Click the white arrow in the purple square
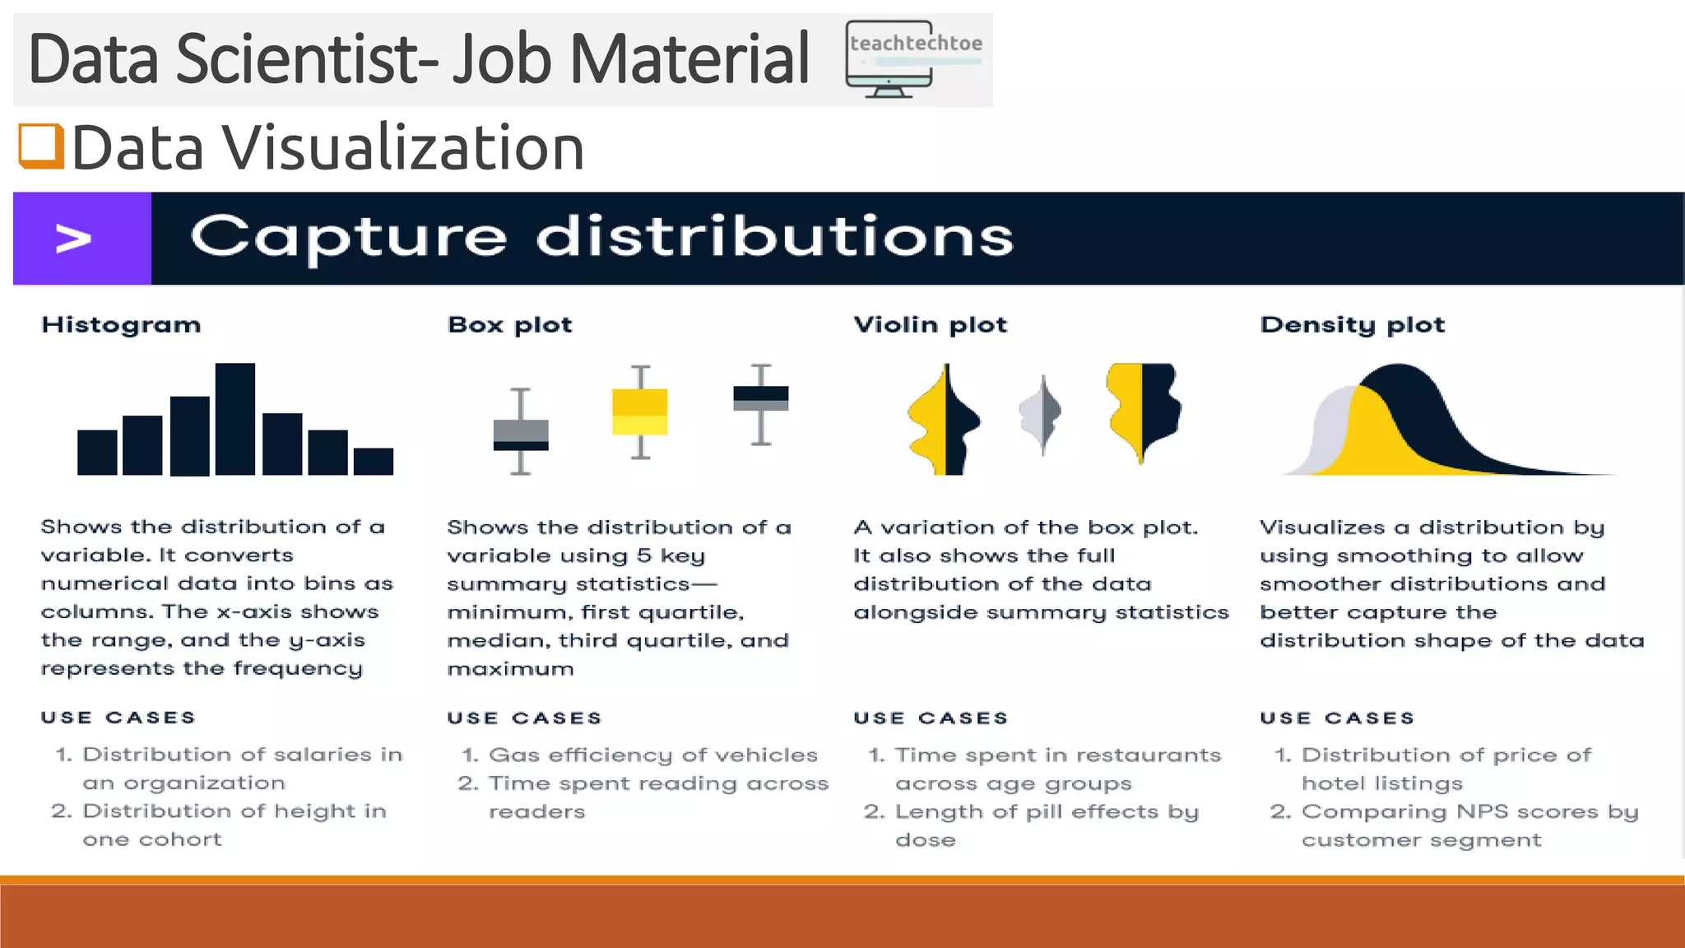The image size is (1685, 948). [x=74, y=239]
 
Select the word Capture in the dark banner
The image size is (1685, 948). [x=349, y=237]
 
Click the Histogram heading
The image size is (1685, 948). [x=121, y=325]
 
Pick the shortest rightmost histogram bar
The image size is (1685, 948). [x=374, y=461]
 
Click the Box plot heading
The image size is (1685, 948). [x=510, y=325]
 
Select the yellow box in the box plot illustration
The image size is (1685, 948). [x=640, y=411]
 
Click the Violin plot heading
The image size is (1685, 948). [x=931, y=325]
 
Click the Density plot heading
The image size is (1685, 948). [x=1353, y=325]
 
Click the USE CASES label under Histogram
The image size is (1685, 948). [x=118, y=718]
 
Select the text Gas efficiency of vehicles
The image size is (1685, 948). [x=653, y=755]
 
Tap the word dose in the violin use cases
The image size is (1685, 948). [x=926, y=840]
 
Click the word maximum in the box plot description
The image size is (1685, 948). [x=510, y=669]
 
